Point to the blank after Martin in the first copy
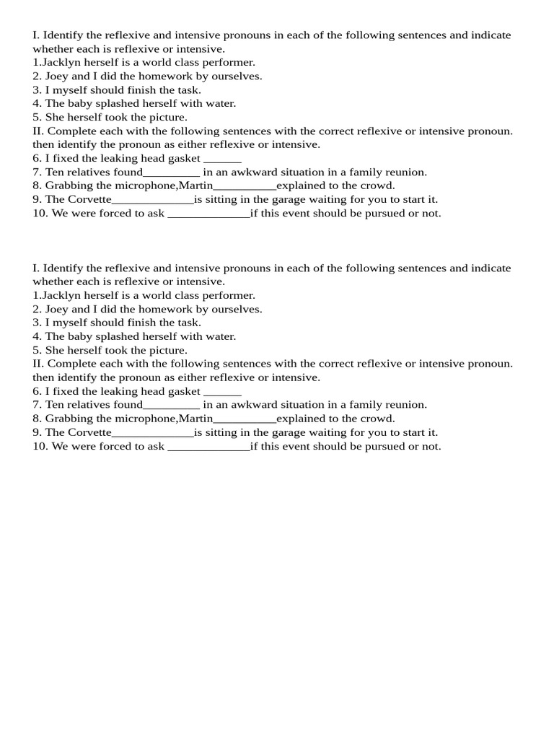[x=245, y=187]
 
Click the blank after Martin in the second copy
[x=245, y=420]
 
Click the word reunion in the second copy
[x=407, y=406]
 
